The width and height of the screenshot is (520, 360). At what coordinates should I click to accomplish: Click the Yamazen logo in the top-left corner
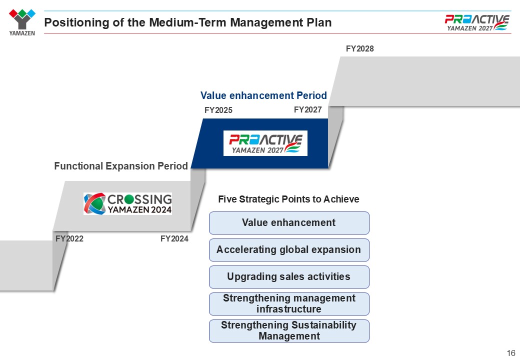(x=22, y=22)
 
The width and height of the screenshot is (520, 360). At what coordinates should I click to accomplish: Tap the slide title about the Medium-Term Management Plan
(x=187, y=22)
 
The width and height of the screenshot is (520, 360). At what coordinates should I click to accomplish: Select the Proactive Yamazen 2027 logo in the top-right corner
(x=477, y=23)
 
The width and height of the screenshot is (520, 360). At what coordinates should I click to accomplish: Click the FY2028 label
(x=359, y=48)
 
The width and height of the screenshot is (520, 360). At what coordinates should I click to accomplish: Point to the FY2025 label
(x=218, y=110)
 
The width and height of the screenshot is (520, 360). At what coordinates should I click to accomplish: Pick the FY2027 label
(x=308, y=109)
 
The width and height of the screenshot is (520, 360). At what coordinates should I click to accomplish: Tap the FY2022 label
(x=69, y=238)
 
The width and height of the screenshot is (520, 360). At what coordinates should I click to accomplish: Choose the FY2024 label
(x=174, y=238)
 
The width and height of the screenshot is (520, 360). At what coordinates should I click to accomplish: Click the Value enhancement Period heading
(x=263, y=95)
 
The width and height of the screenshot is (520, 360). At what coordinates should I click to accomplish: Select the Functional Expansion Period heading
(x=121, y=165)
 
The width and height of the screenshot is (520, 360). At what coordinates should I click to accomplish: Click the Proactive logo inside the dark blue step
(x=265, y=143)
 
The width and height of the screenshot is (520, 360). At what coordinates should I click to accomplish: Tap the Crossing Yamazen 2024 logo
(x=127, y=203)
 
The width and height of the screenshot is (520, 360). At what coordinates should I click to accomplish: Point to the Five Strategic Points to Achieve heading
(x=288, y=199)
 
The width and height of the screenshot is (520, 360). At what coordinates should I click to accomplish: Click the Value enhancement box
(x=289, y=223)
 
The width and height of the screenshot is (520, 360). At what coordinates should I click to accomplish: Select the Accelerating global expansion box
(x=289, y=249)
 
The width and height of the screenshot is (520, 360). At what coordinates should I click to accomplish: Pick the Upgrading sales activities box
(x=289, y=277)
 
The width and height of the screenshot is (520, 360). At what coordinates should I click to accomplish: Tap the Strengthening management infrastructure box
(x=289, y=303)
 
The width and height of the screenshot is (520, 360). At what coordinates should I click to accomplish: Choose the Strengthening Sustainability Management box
(x=289, y=331)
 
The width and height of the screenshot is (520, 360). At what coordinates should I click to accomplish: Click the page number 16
(x=511, y=352)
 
